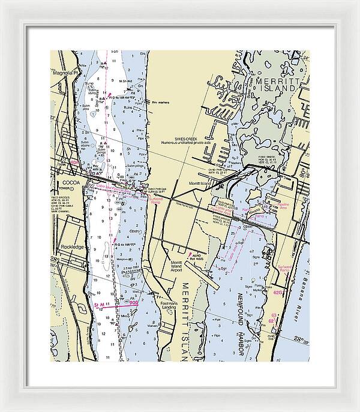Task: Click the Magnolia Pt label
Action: (65, 73)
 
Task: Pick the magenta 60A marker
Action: (74, 161)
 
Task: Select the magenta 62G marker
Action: (277, 293)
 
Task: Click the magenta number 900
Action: (133, 303)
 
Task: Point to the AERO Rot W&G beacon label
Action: (194, 255)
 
